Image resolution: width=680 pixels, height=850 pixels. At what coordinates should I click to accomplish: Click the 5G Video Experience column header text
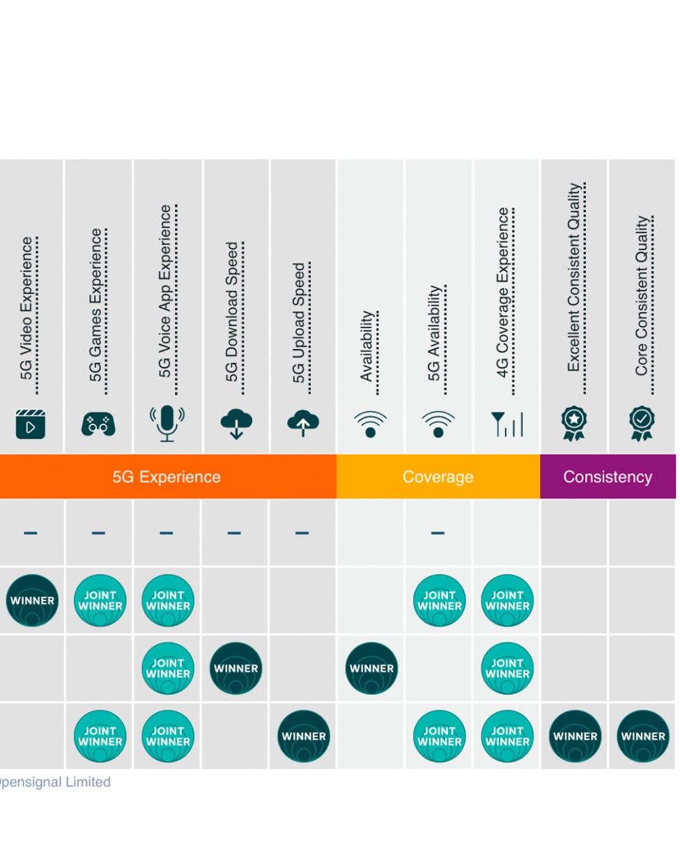(26, 308)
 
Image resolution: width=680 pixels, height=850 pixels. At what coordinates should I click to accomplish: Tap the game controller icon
(98, 424)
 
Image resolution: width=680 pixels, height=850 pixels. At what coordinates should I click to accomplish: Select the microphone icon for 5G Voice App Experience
(167, 423)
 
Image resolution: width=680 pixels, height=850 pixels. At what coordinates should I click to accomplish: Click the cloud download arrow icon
(236, 424)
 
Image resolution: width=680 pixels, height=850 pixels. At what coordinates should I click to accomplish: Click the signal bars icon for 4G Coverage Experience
(507, 424)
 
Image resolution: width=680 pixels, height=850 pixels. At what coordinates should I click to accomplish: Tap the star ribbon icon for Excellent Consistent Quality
(573, 424)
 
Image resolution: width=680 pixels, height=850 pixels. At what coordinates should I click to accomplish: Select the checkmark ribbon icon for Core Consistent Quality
(642, 424)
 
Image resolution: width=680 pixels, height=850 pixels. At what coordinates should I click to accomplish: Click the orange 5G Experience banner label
(167, 477)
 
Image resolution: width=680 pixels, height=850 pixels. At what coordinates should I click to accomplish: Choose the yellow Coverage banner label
(438, 477)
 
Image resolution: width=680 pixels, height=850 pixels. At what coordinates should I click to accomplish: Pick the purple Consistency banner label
(608, 477)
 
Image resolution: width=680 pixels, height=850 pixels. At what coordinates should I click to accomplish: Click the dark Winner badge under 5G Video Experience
(32, 601)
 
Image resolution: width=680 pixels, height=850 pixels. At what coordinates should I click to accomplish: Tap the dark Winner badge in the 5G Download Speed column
(236, 668)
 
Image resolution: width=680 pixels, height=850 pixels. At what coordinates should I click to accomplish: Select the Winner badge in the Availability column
(371, 668)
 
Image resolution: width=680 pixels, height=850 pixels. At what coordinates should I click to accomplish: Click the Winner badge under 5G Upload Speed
(304, 736)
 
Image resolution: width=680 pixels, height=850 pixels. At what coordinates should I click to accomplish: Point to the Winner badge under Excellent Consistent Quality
(575, 736)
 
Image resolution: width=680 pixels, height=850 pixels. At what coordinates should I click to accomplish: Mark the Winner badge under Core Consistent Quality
(643, 736)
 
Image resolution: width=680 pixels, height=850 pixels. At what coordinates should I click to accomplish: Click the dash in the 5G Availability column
(438, 533)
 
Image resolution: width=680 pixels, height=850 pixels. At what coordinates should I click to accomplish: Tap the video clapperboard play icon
(31, 424)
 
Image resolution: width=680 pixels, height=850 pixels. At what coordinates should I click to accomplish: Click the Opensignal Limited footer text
(55, 782)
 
